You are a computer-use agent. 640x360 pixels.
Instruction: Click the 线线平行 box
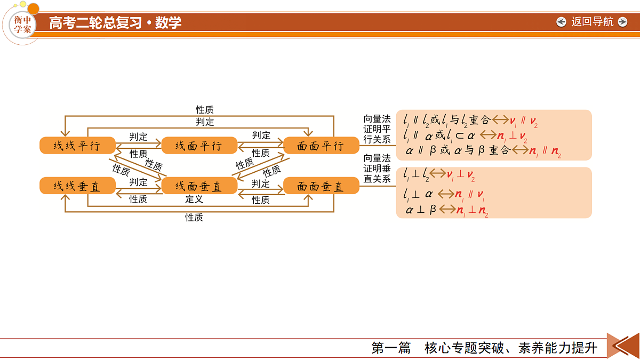click(x=77, y=146)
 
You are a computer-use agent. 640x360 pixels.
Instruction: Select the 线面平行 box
click(x=199, y=146)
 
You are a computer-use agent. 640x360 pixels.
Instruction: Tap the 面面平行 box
click(x=321, y=146)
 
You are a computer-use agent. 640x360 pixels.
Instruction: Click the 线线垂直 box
click(x=77, y=186)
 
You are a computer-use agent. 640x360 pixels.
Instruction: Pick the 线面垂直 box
click(x=199, y=186)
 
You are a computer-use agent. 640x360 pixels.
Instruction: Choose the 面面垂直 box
click(x=321, y=186)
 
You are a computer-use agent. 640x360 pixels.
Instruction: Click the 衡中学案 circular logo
click(x=23, y=25)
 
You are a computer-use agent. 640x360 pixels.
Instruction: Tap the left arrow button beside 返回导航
click(x=561, y=22)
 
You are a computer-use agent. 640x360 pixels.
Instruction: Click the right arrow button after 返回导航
click(x=622, y=22)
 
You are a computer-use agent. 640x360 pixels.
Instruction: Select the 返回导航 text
click(x=593, y=22)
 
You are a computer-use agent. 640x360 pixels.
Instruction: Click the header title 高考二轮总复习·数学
click(x=115, y=22)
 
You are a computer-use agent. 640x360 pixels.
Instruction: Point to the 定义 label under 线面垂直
click(x=194, y=199)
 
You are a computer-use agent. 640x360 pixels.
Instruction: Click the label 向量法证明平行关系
click(x=377, y=129)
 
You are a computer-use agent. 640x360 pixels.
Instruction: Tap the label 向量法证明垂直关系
click(x=377, y=169)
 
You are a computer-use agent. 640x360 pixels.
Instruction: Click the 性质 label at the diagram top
click(x=205, y=109)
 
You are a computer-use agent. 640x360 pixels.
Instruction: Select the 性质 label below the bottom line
click(x=194, y=218)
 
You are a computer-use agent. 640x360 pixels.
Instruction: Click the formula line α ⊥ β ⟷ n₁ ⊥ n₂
click(x=447, y=210)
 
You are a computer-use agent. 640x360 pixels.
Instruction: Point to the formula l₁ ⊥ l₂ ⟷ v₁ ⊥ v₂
click(x=439, y=174)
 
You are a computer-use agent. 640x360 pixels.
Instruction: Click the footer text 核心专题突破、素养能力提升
click(x=511, y=348)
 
